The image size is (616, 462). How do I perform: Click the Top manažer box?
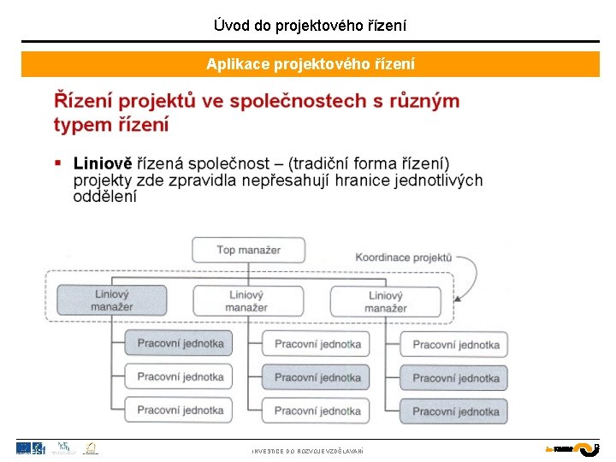(248, 250)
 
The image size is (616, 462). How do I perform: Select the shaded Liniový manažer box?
(111, 300)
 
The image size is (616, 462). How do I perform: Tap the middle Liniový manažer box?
(248, 300)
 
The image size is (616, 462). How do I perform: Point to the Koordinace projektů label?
(403, 257)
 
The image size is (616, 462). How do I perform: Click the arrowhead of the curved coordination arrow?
(459, 299)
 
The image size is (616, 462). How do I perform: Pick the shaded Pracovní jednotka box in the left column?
(180, 344)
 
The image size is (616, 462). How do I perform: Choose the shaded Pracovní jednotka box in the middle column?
(317, 377)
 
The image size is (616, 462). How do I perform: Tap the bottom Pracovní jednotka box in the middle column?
(317, 411)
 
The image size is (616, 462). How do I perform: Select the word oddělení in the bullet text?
(104, 196)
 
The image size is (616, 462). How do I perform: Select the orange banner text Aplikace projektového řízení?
(310, 64)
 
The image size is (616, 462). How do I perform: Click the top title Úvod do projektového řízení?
(310, 26)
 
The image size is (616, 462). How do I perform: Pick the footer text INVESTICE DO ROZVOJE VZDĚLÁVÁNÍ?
(307, 451)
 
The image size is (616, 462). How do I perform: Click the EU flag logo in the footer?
(24, 447)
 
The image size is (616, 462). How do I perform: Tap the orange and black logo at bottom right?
(572, 448)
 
